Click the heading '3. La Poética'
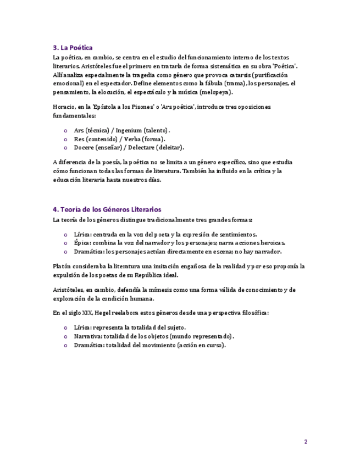pos(73,48)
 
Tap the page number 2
pos(306,442)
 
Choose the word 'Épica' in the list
pos(82,242)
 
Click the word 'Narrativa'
pos(88,336)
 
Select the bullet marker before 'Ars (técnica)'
pos(66,130)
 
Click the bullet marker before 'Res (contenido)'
pos(66,139)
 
